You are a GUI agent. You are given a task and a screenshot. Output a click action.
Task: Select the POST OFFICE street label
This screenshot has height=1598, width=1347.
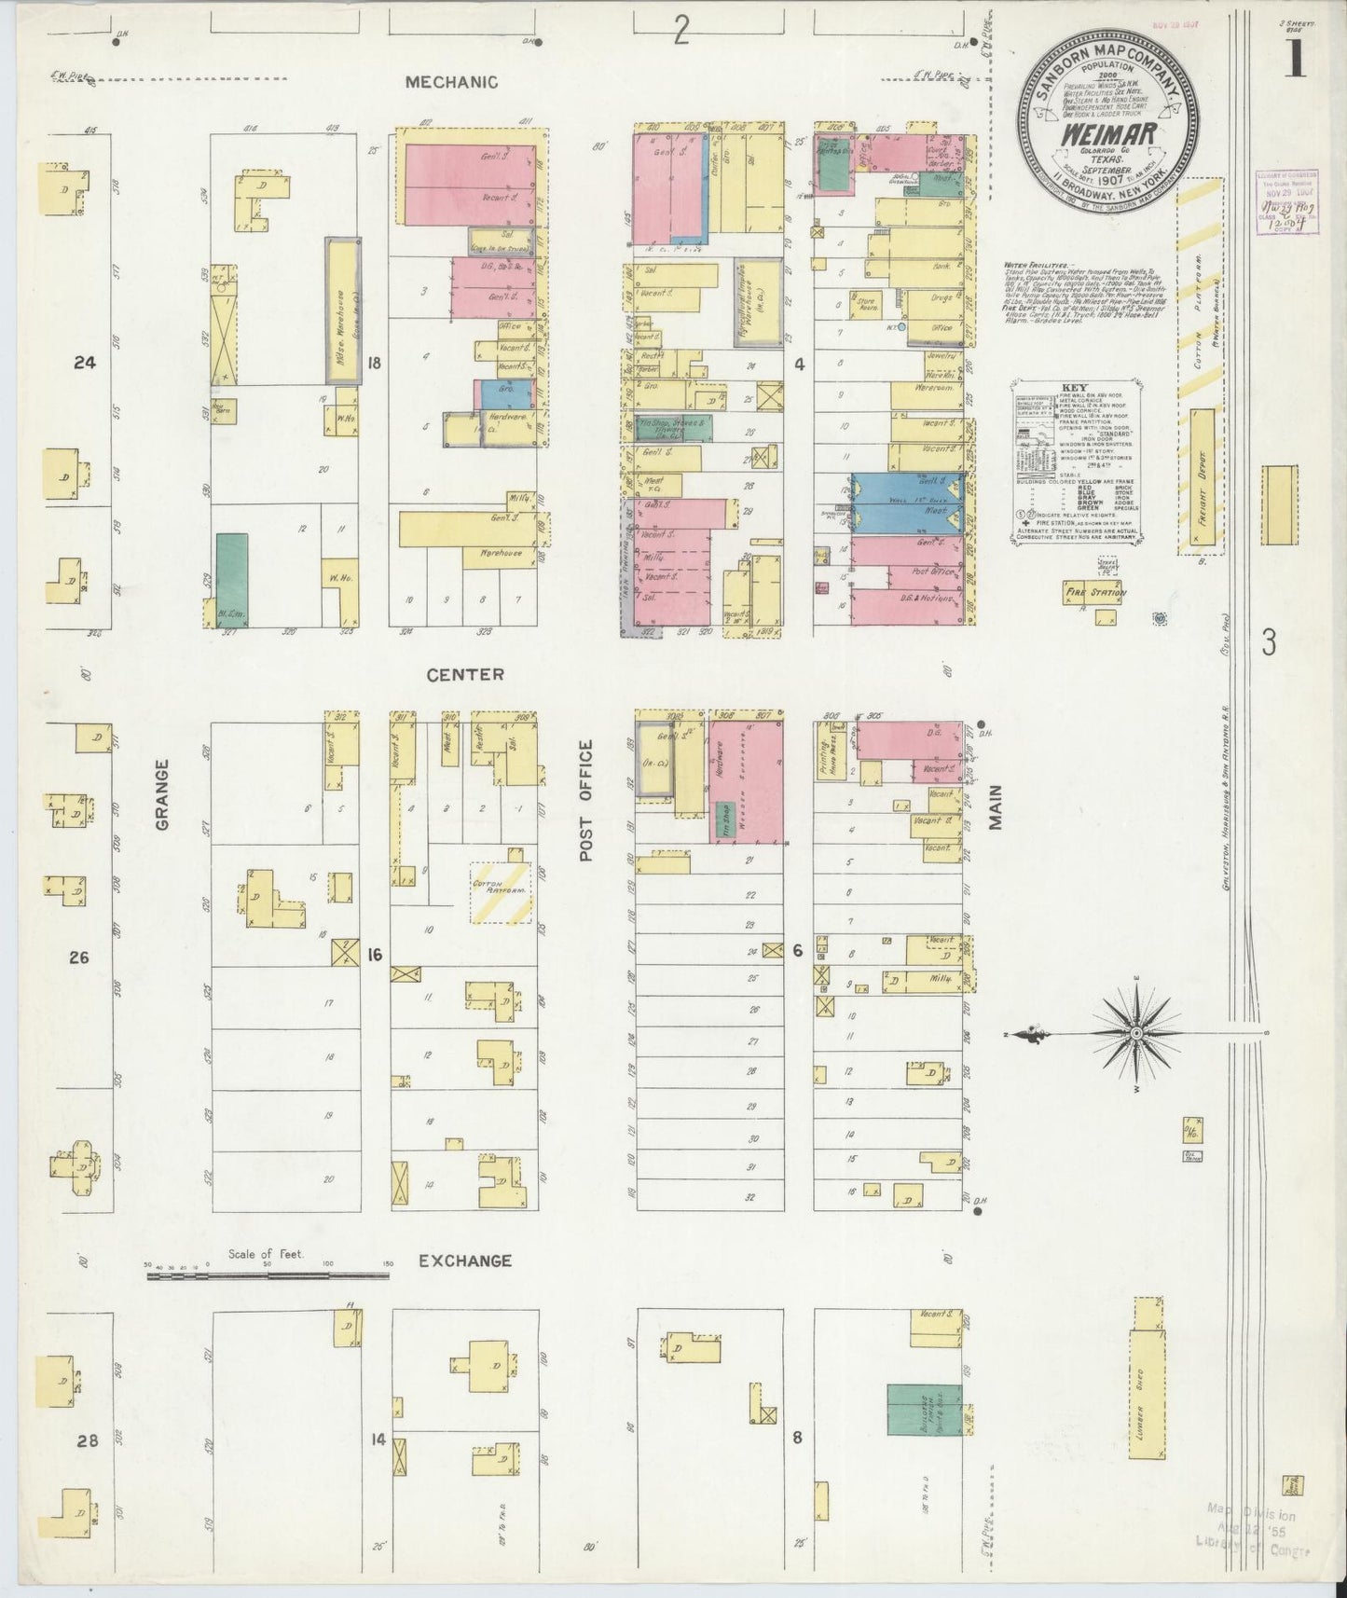click(x=586, y=800)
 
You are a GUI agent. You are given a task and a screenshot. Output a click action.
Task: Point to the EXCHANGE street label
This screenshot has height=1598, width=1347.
click(x=464, y=1260)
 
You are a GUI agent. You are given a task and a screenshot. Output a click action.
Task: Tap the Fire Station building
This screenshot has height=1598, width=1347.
click(x=1096, y=593)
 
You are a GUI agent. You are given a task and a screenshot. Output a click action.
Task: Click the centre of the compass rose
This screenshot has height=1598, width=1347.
click(x=1136, y=1035)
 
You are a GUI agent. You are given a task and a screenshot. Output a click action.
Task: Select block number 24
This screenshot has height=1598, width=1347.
click(x=85, y=364)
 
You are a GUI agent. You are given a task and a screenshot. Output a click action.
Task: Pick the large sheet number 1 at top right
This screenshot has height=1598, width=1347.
click(x=1296, y=61)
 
